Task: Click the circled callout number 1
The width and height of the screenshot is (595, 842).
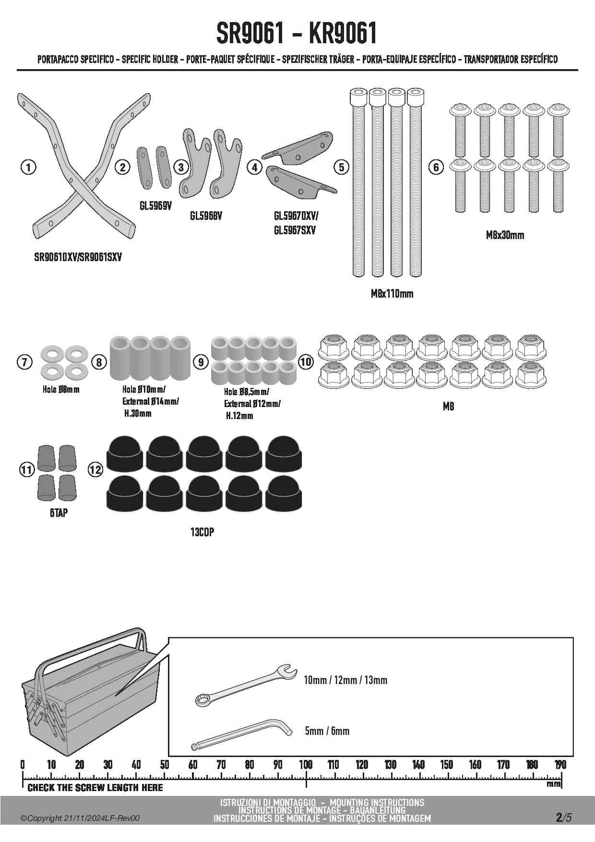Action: coord(29,167)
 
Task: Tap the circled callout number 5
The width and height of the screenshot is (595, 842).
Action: coord(341,167)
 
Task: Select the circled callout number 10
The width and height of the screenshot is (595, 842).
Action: coord(306,361)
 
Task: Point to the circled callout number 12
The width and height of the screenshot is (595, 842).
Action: coord(95,469)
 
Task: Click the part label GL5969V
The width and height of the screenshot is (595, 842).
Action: coord(155,206)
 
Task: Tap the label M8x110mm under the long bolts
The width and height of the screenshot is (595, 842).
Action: coord(392,293)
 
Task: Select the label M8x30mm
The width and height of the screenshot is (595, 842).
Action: coord(505,235)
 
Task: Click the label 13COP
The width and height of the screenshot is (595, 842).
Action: coord(202,532)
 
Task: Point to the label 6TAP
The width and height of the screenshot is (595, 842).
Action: coord(59,513)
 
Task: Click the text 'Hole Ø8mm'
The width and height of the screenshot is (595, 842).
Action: coord(61,389)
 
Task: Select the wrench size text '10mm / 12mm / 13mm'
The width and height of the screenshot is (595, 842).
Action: coord(345,680)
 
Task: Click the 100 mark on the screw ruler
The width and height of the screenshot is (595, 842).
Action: coord(306,765)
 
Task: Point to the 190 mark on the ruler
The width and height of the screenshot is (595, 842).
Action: coord(560,765)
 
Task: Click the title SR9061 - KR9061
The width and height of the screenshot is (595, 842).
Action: coord(297,34)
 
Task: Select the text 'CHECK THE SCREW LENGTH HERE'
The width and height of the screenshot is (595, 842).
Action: coord(95,788)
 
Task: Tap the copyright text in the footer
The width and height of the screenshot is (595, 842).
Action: coord(80,818)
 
